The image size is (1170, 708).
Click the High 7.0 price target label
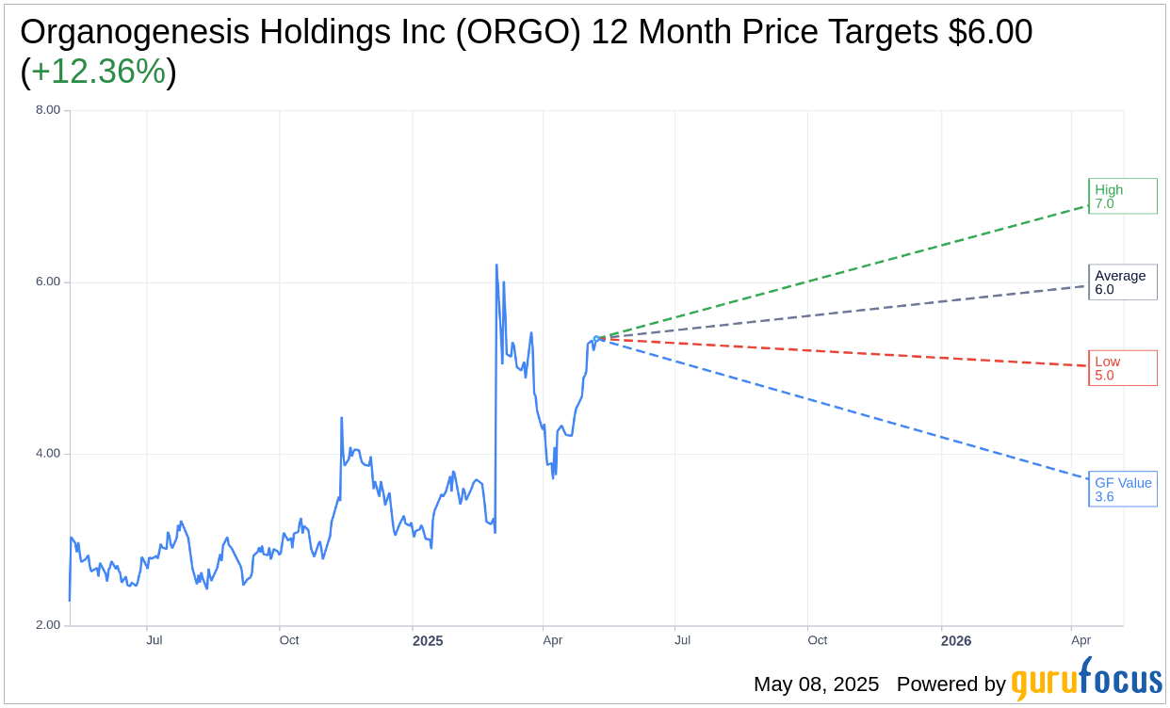(x=1122, y=196)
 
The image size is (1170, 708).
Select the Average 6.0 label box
(x=1122, y=282)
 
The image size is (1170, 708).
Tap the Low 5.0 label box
(x=1122, y=368)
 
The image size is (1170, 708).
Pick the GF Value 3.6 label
(x=1122, y=490)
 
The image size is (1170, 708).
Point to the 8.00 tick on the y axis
(x=47, y=110)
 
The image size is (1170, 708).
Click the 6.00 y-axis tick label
(x=47, y=282)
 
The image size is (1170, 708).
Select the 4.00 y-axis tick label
(x=47, y=454)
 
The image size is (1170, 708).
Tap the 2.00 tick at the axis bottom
(x=47, y=625)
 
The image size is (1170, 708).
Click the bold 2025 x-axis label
(x=428, y=641)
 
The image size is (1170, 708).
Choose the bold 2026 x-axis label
(x=956, y=641)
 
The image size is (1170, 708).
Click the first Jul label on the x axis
(x=154, y=640)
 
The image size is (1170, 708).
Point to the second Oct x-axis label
(x=817, y=640)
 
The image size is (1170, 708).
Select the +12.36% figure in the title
(x=98, y=72)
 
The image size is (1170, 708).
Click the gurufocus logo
(x=1086, y=681)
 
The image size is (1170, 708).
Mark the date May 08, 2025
(x=816, y=684)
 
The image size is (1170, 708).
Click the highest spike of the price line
(x=496, y=265)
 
